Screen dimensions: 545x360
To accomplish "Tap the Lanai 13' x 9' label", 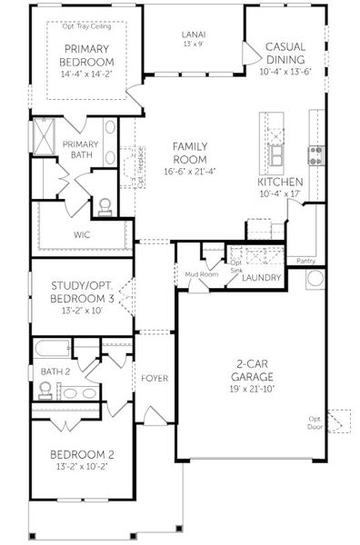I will tap(193, 37).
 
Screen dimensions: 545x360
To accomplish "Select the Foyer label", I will tap(155, 378).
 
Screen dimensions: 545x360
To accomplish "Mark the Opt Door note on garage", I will tap(315, 423).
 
